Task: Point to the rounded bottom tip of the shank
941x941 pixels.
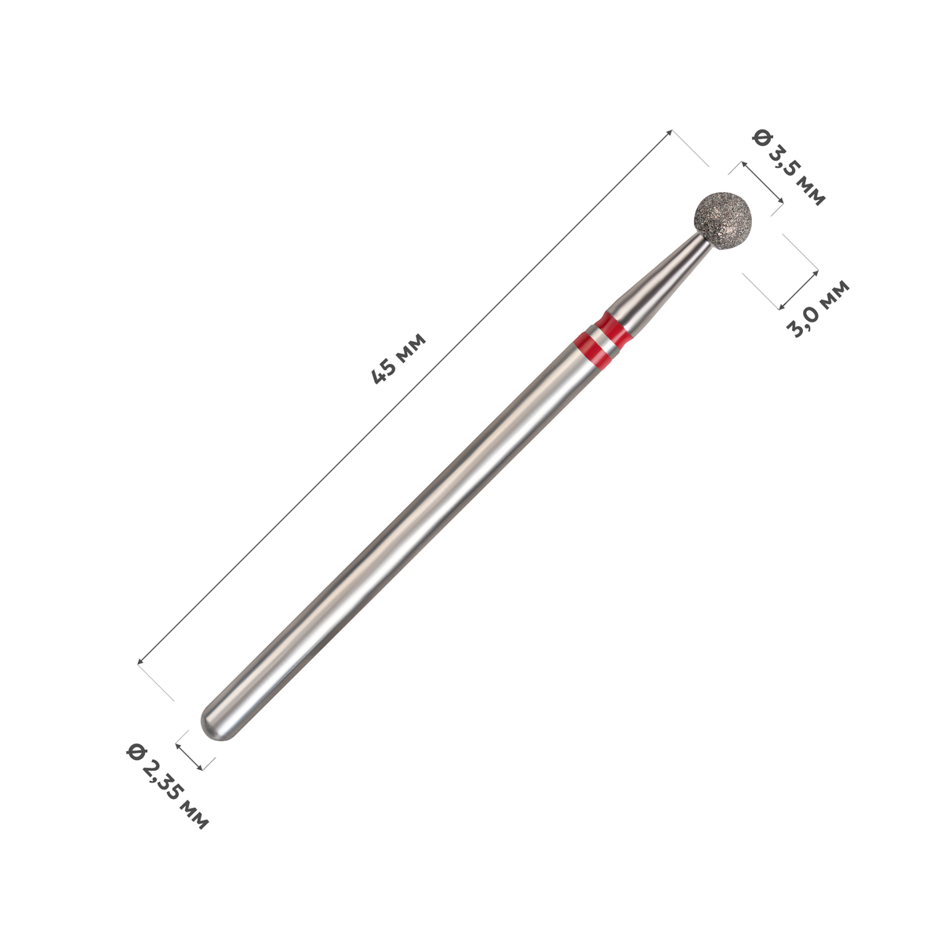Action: [x=214, y=728]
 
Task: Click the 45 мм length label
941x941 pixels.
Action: [x=398, y=358]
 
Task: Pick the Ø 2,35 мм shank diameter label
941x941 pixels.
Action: [x=167, y=787]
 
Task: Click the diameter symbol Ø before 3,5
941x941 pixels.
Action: [x=761, y=137]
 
